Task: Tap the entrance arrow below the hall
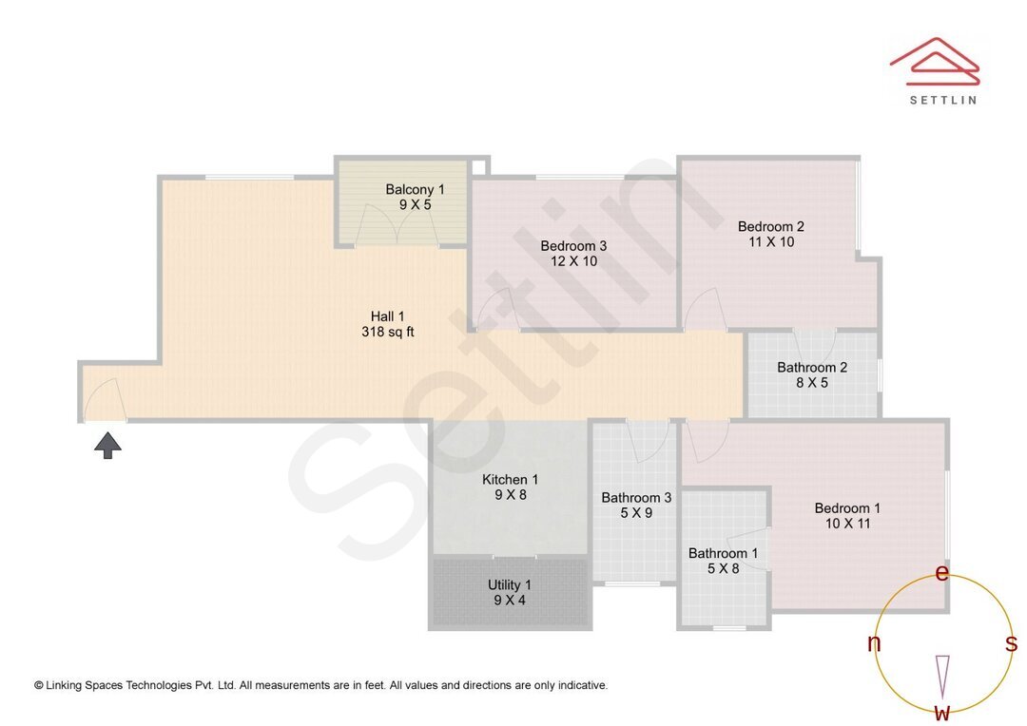pyautogui.click(x=107, y=445)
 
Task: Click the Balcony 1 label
pyautogui.click(x=415, y=190)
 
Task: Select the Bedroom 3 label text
pyautogui.click(x=573, y=246)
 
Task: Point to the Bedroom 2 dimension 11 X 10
pyautogui.click(x=771, y=242)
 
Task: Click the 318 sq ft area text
pyautogui.click(x=388, y=333)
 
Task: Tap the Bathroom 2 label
pyautogui.click(x=812, y=368)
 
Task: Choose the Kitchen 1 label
pyautogui.click(x=510, y=480)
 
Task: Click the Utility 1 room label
pyautogui.click(x=510, y=585)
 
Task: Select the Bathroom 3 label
pyautogui.click(x=636, y=498)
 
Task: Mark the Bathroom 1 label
pyautogui.click(x=724, y=553)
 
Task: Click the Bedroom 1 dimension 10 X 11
pyautogui.click(x=847, y=524)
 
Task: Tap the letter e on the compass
pyautogui.click(x=942, y=573)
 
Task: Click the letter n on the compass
pyautogui.click(x=874, y=644)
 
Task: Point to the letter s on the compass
pyautogui.click(x=1011, y=644)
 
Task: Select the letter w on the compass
pyautogui.click(x=941, y=712)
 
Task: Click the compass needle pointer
pyautogui.click(x=942, y=675)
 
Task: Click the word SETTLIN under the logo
pyautogui.click(x=942, y=100)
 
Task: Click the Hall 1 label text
pyautogui.click(x=388, y=316)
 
